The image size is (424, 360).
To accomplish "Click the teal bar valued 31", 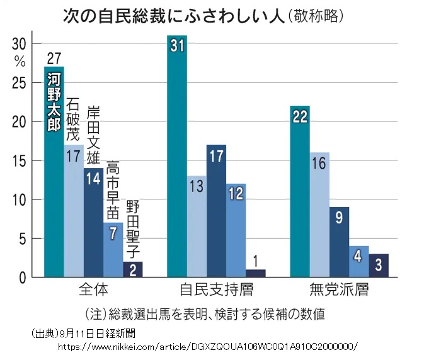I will click(177, 157).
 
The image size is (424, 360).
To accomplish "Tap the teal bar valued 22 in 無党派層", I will click(300, 192).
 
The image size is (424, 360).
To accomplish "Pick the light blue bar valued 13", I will click(197, 227).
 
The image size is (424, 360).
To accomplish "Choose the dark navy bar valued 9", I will click(339, 242).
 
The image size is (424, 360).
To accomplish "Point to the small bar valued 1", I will click(255, 273).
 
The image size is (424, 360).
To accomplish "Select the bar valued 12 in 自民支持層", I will click(236, 230).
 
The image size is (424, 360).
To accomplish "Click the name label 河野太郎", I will click(54, 101).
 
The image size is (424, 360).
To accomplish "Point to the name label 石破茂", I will click(74, 120).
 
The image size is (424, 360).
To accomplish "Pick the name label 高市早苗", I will click(113, 188).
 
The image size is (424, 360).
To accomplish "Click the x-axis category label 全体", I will click(93, 291).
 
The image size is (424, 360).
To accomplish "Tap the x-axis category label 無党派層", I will click(339, 291).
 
